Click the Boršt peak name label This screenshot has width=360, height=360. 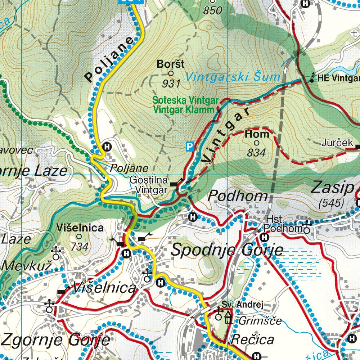coord(171,64)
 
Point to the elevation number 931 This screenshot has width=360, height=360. coord(171,84)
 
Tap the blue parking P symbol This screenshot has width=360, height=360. coord(190,146)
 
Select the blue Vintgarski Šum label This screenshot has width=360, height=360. coord(233,77)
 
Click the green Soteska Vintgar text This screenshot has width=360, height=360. coord(186,100)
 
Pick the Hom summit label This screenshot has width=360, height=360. coord(257,134)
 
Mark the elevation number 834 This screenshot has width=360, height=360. coord(256,153)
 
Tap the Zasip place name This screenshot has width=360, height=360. coord(332,188)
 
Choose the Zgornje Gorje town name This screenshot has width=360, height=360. coord(56,339)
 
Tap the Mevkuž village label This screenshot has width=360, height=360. coord(27,265)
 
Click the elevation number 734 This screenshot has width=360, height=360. coord(80,247)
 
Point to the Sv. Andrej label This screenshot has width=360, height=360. coord(243,305)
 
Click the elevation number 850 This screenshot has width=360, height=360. coord(212,11)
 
